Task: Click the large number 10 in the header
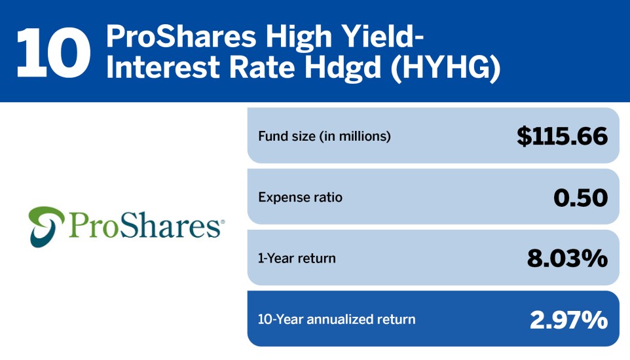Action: (53, 51)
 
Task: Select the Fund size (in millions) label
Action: (324, 136)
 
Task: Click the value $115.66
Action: (562, 135)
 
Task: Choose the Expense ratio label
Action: (300, 197)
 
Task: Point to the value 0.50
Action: (580, 197)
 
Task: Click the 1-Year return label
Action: (297, 258)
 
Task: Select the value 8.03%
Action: (567, 258)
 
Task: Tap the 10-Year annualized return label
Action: (337, 319)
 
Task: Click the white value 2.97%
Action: (568, 319)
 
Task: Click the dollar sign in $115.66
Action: (524, 135)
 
